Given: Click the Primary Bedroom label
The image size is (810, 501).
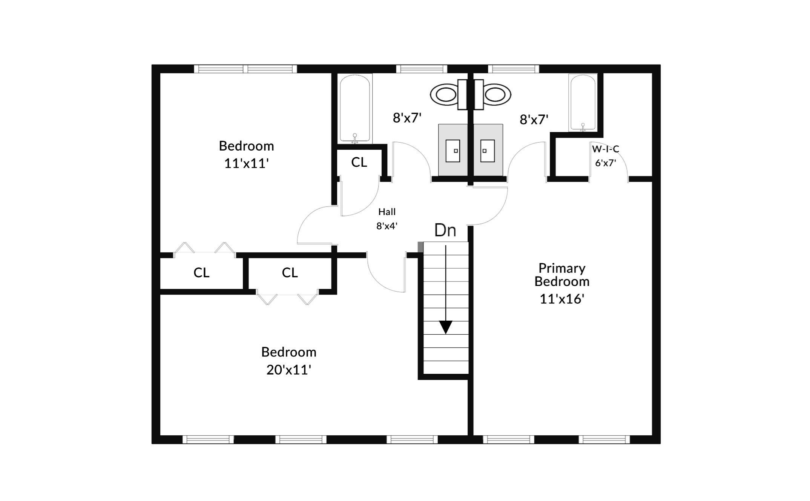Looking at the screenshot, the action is point(562,275).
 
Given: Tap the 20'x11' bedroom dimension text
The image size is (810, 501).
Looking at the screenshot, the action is point(289,370).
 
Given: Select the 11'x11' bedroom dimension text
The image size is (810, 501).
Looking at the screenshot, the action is point(246,163).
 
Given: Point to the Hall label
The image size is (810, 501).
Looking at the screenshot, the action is point(387,212).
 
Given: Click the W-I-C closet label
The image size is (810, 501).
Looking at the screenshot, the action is point(606,149).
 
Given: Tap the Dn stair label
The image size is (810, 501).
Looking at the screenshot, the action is point(445,230).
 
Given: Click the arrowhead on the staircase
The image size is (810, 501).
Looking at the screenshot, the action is point(446,327).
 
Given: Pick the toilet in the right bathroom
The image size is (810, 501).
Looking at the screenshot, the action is point(492,94).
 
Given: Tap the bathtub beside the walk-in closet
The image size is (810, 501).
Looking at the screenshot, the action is point(583,103).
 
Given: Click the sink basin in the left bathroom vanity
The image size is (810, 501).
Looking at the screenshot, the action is point(453,151).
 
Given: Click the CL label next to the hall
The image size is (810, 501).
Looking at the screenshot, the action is point(359,162).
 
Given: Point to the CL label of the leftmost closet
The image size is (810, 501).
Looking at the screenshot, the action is point(201,272).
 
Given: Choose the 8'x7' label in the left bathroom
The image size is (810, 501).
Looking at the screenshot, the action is point(407,118).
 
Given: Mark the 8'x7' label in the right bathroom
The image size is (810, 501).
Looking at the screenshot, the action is point(534,120).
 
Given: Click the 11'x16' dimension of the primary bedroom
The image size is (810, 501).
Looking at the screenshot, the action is point(562,299).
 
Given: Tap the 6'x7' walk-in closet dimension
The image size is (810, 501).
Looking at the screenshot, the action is point(606,163).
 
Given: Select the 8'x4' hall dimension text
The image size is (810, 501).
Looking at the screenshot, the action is point(387,226).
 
